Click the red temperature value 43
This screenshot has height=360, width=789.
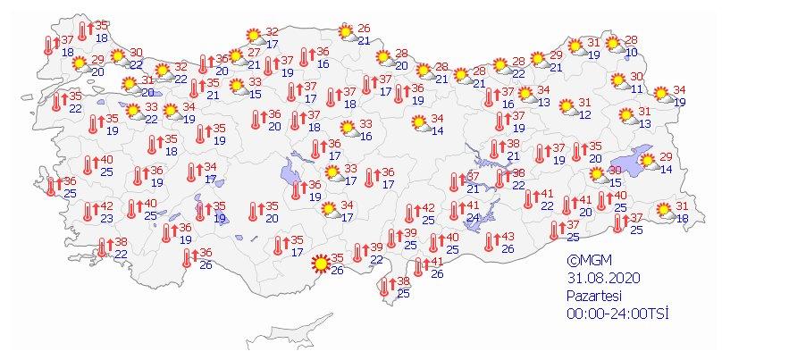[x=508, y=236]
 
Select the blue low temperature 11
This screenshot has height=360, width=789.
[x=636, y=89]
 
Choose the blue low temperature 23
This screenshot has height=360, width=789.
[x=105, y=218]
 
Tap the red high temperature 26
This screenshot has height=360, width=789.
[x=364, y=29]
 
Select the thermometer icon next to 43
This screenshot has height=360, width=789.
[x=490, y=241]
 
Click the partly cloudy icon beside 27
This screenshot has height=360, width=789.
[x=236, y=59]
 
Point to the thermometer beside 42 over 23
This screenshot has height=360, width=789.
[x=87, y=212]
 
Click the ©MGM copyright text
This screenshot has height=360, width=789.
[x=585, y=261]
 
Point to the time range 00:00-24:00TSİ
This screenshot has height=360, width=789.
[x=617, y=314]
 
